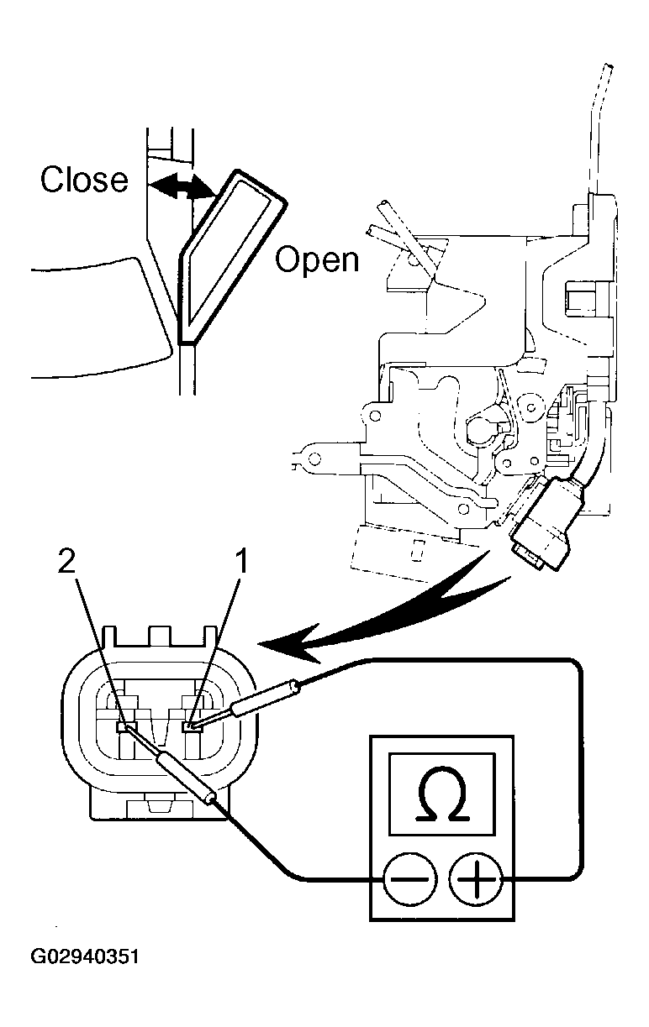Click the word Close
click(84, 180)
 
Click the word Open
click(317, 259)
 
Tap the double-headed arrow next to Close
click(180, 187)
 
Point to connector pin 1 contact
click(193, 725)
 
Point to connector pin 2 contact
click(126, 725)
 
